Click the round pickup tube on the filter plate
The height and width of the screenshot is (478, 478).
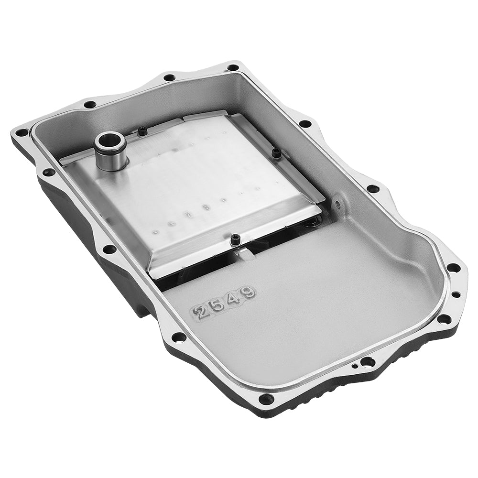pos(110,152)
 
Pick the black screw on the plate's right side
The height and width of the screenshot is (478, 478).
pos(276,152)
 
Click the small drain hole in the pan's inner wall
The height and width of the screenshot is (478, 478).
pos(338,205)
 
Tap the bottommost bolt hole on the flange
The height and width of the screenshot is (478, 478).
pos(266,398)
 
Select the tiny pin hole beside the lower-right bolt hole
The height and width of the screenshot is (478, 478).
pos(354,367)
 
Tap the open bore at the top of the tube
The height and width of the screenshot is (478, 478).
pos(110,142)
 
